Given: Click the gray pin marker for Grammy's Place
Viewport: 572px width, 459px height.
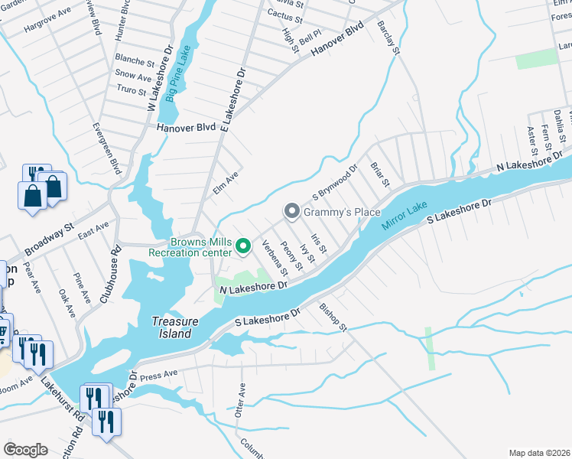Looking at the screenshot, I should click(x=291, y=210).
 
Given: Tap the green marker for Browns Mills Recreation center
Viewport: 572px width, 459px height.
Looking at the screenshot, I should click(x=243, y=246).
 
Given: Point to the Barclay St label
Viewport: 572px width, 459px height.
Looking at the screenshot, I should click(x=388, y=38).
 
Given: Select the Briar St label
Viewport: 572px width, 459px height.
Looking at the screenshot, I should click(x=380, y=174).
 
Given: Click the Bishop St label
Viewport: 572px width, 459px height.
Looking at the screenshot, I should click(x=333, y=317).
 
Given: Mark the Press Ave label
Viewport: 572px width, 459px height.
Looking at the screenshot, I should click(x=159, y=376).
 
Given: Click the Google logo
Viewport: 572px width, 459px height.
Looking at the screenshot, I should click(x=25, y=450).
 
